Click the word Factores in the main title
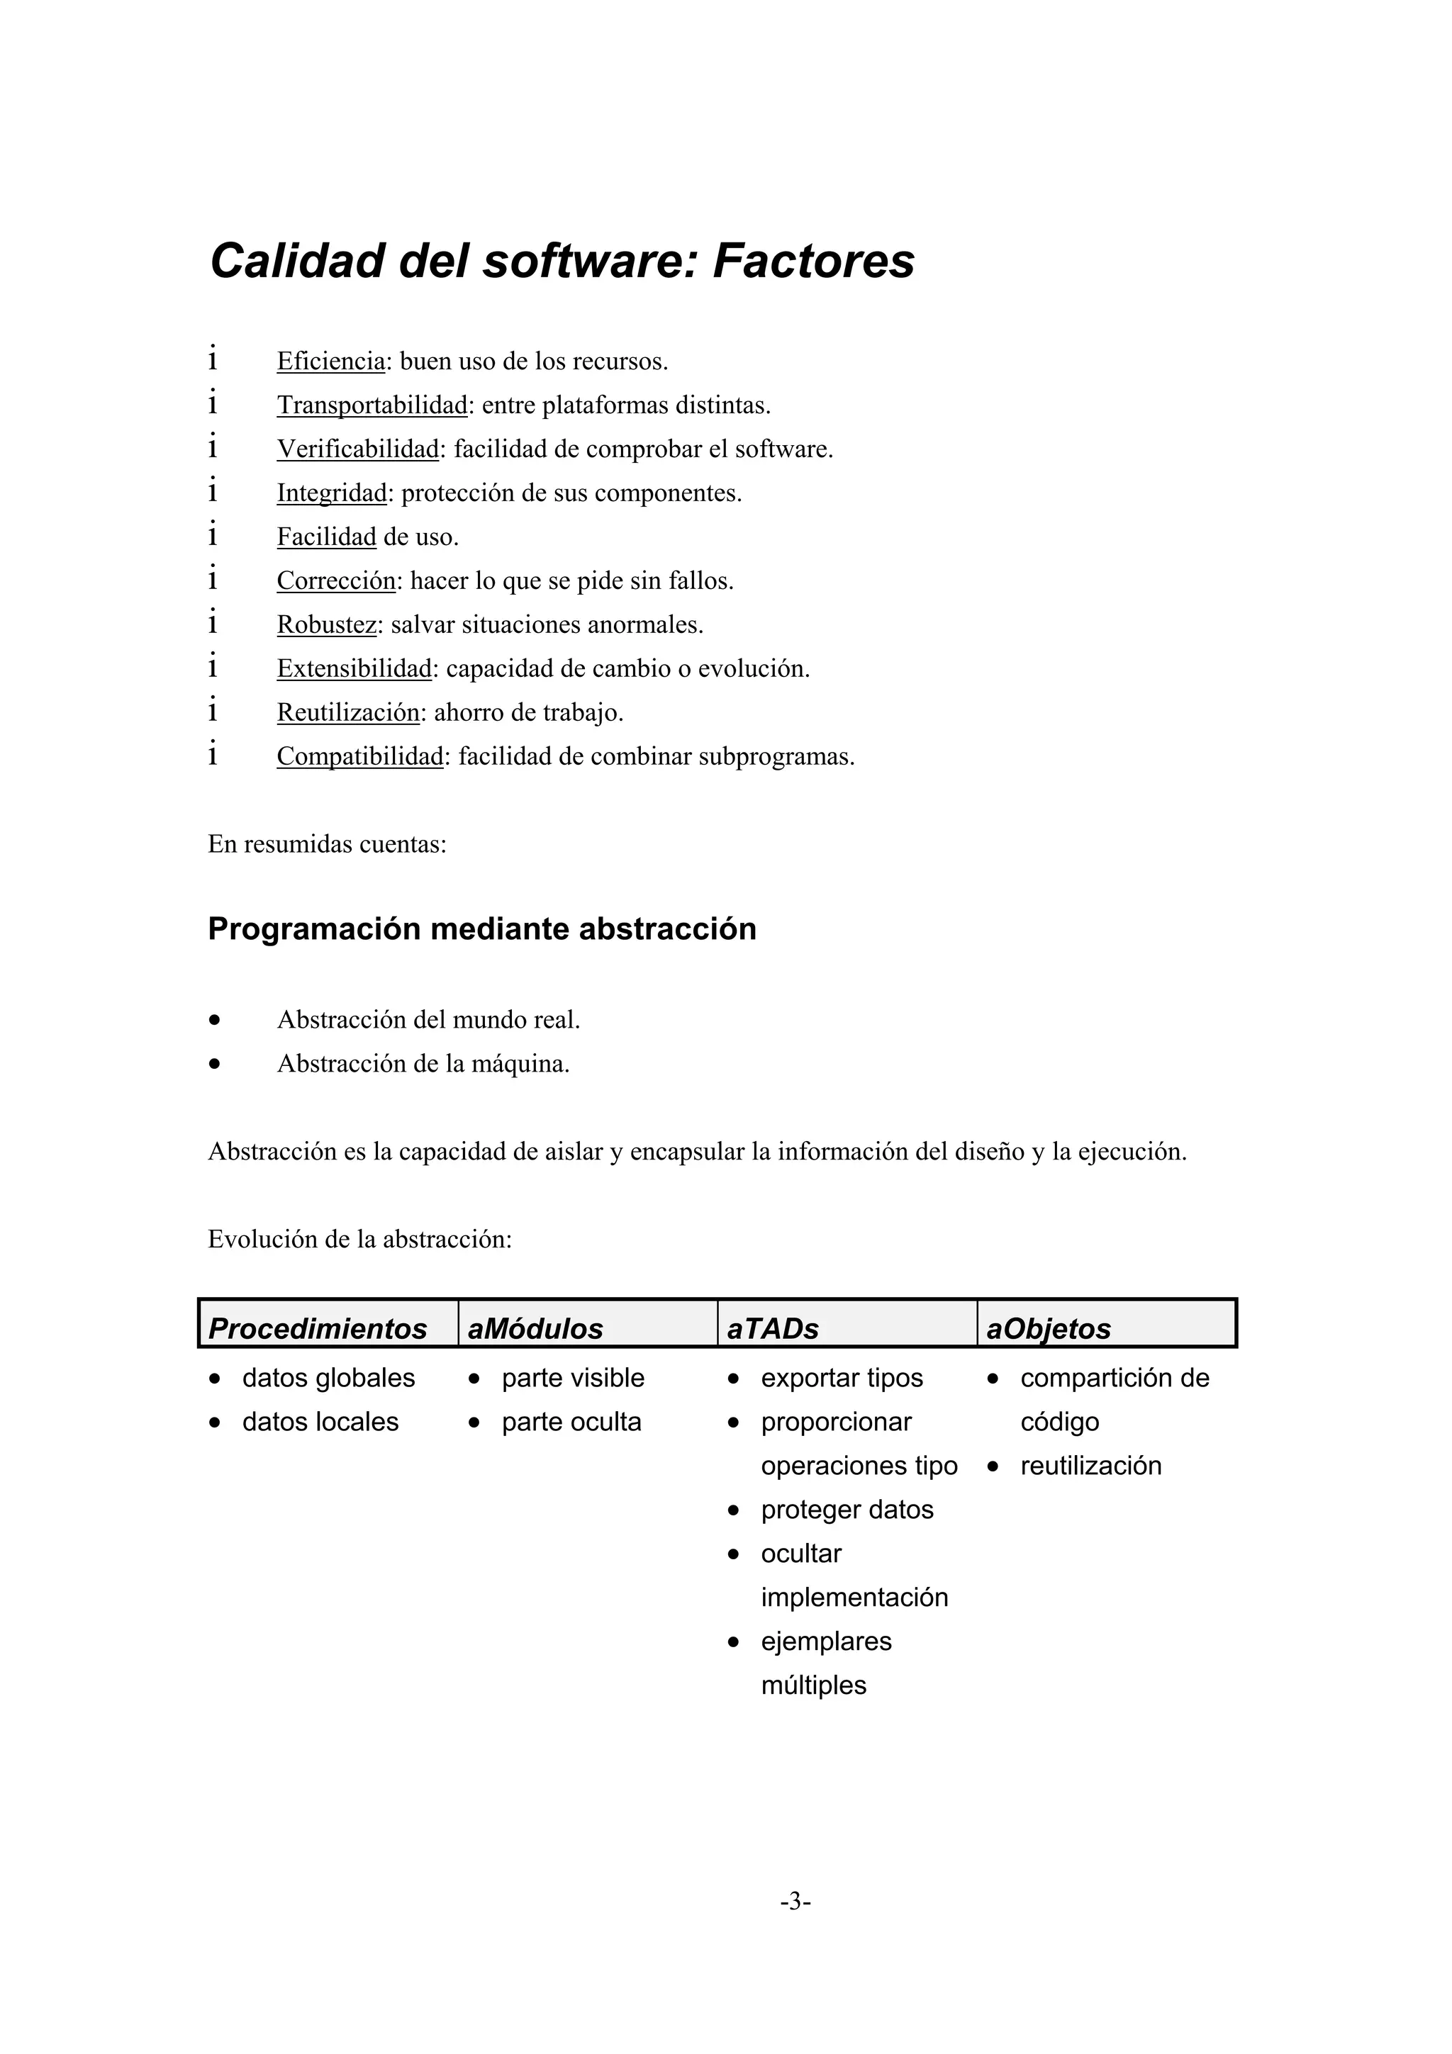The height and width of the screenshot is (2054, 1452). click(813, 262)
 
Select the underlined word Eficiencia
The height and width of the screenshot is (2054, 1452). click(330, 361)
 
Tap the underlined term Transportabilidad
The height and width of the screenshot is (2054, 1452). click(372, 405)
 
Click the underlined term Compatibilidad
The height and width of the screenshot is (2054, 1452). click(359, 757)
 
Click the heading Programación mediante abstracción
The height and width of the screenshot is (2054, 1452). click(481, 928)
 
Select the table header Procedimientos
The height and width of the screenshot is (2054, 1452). click(318, 1328)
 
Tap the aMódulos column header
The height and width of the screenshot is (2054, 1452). click(535, 1328)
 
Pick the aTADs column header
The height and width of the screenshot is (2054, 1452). click(772, 1328)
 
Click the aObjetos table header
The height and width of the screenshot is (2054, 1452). click(1048, 1328)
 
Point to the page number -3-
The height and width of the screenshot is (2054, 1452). click(795, 1901)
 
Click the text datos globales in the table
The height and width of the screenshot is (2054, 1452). click(328, 1378)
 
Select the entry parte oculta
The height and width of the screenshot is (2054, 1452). click(571, 1422)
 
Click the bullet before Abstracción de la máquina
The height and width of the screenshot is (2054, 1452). click(214, 1065)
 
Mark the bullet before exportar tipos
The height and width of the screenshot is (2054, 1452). click(734, 1379)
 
